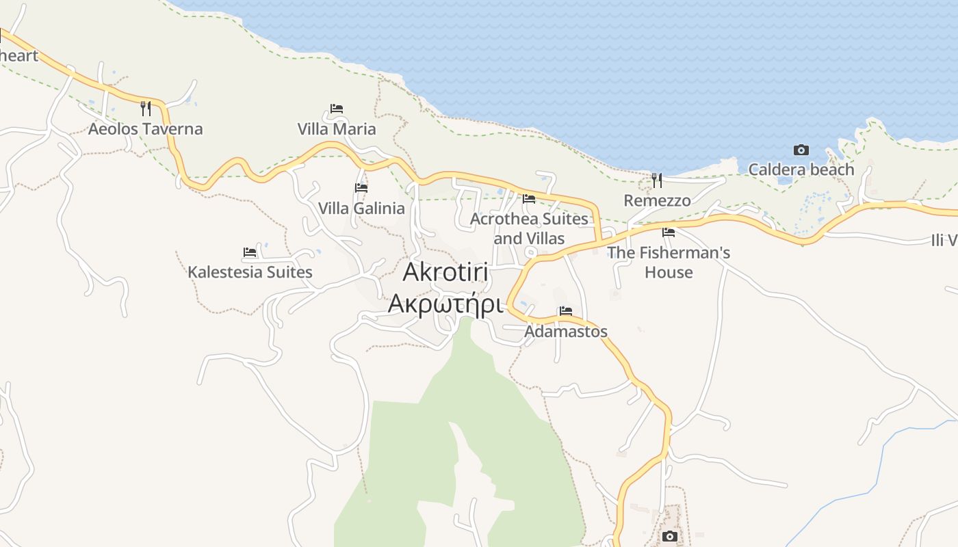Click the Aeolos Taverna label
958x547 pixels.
coord(145,129)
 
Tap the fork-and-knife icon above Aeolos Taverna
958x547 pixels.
coord(145,108)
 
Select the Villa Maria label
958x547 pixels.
coord(337,129)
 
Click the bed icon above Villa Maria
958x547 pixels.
coord(337,109)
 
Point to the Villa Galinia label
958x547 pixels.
coord(361,208)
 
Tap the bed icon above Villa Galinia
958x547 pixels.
coord(361,188)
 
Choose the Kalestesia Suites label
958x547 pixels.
coord(250,272)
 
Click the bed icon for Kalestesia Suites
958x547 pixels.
coord(250,252)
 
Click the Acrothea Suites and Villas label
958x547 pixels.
coord(529,228)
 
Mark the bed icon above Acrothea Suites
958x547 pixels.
coord(529,199)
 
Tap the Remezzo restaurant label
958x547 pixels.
coord(657,200)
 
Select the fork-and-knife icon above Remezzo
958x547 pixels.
coord(657,181)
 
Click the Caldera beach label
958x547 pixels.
coord(801,170)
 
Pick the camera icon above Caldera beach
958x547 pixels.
coord(801,150)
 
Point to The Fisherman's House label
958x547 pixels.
coord(669,262)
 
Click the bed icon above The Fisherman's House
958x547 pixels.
coord(669,232)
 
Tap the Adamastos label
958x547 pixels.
coord(566,332)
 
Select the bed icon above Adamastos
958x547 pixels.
coord(566,311)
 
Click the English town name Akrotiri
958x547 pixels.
coord(445,272)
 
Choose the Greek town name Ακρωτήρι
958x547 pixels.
coord(445,304)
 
